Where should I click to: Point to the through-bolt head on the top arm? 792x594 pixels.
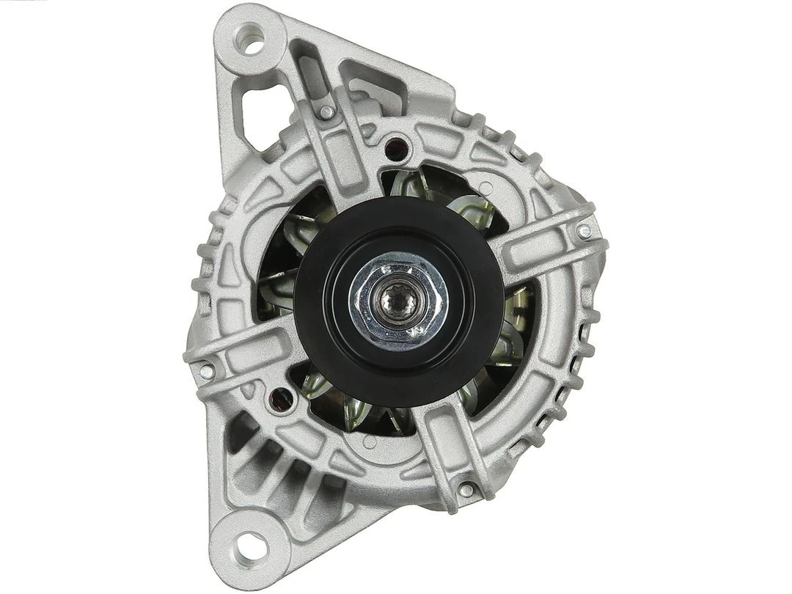point(326,112)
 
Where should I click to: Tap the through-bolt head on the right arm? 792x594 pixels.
point(583,232)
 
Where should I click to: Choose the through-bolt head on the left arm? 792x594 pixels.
point(206,371)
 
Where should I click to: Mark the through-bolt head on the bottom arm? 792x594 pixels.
point(466,489)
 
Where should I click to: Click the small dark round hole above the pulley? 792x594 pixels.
point(398,145)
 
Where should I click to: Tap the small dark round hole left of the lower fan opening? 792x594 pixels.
point(279,399)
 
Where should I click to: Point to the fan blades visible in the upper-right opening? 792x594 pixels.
point(455,198)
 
